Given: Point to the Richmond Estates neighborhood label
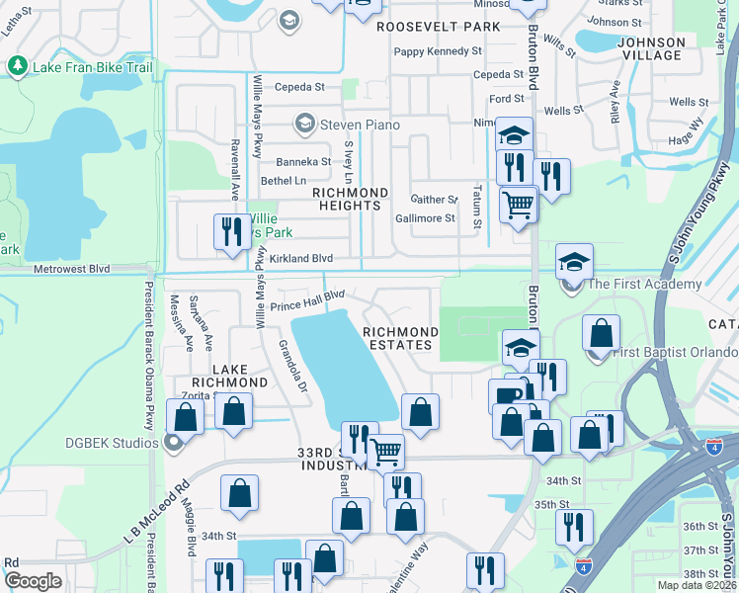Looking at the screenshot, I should click(399, 338).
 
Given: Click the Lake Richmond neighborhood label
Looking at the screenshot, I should click(226, 375).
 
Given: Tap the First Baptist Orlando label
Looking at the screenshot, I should click(673, 353).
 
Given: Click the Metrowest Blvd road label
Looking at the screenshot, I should click(71, 269).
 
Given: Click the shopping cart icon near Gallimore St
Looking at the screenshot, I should click(518, 206).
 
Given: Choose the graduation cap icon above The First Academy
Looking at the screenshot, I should click(574, 262).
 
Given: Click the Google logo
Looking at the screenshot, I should click(33, 581).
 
